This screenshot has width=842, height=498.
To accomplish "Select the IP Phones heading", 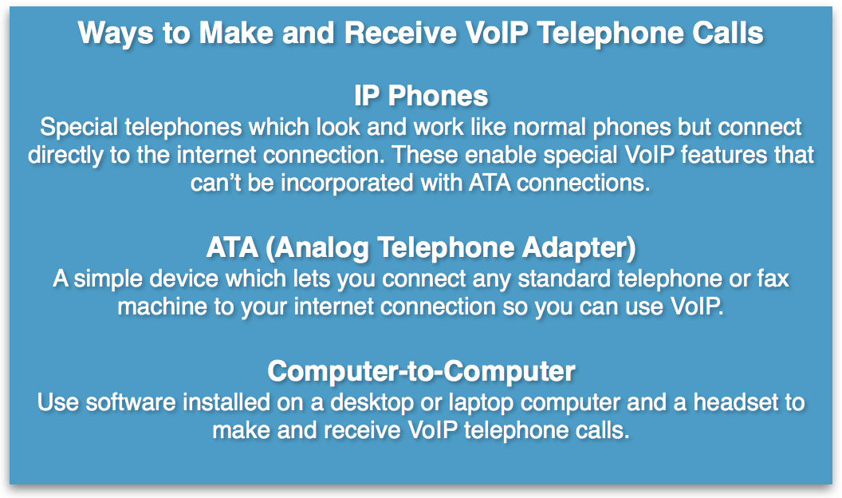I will coord(421,96).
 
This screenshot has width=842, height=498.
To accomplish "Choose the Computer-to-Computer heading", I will coord(421,371).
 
